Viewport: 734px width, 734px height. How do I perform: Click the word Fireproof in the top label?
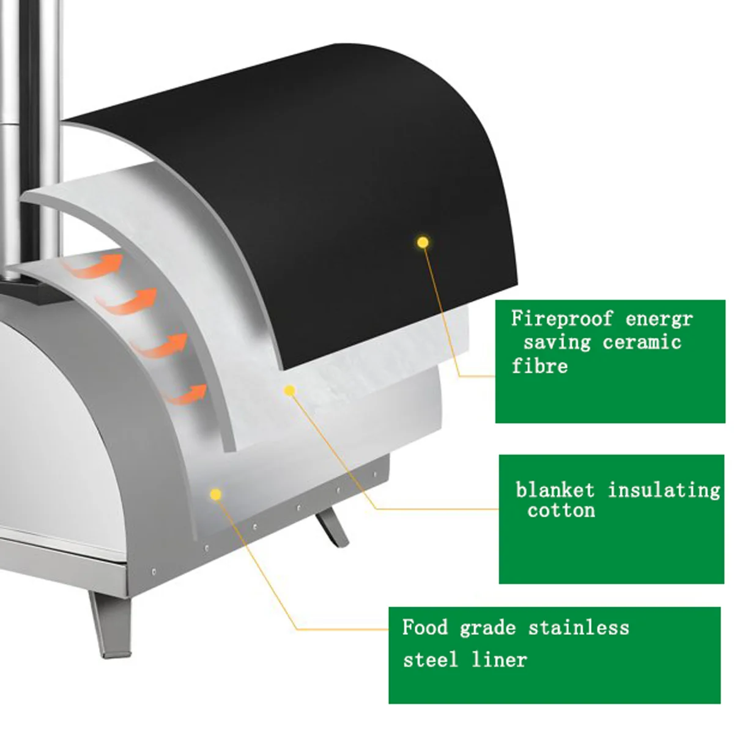point(562,319)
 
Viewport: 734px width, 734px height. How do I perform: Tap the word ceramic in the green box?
point(642,342)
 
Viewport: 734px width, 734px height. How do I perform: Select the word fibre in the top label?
point(539,366)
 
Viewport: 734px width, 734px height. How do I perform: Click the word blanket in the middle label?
point(555,490)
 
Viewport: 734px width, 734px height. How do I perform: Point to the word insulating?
point(664,490)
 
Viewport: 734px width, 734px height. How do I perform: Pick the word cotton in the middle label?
point(561,511)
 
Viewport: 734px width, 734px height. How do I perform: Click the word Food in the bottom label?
point(425,628)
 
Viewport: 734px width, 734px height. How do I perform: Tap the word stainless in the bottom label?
point(579,628)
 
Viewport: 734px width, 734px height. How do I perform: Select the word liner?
point(499,660)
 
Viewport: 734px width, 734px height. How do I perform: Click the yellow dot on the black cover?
point(422,242)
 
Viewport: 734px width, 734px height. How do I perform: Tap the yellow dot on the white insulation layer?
point(290,390)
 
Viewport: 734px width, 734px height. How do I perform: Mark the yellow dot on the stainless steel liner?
point(215,494)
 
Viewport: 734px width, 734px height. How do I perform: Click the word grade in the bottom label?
point(487,628)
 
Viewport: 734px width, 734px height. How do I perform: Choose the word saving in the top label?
point(557,342)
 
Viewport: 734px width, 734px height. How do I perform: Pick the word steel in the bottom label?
point(430,660)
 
